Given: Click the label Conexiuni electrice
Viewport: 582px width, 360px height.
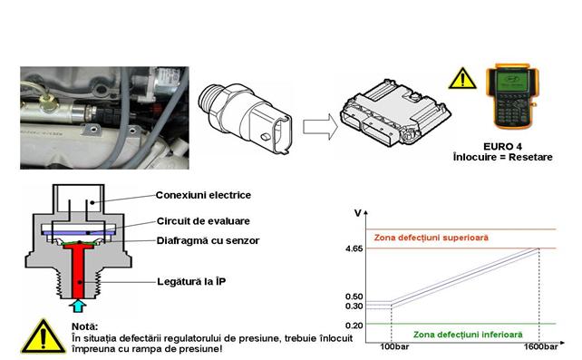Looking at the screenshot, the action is tap(203, 195).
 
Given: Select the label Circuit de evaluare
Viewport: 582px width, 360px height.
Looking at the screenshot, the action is tap(203, 221).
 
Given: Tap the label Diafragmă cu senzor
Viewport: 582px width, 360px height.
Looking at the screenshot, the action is tap(208, 240).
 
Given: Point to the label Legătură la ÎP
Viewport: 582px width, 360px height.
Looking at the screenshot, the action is tap(191, 281).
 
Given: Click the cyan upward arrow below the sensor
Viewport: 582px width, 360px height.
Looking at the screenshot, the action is tap(78, 306).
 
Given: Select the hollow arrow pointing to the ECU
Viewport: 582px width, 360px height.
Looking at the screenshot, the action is tap(320, 127).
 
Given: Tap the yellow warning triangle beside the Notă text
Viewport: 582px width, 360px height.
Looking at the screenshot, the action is tap(44, 336).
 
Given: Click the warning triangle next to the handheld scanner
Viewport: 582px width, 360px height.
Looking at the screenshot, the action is tap(462, 79).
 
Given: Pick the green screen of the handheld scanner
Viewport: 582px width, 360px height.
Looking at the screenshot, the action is tap(511, 81).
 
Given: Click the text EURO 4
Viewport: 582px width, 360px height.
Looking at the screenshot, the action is tap(502, 147).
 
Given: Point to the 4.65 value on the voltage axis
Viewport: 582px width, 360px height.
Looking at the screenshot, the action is tap(354, 248).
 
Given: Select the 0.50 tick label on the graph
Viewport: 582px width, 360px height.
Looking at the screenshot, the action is tap(354, 297).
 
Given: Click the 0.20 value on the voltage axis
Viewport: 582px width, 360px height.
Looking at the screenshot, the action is tap(354, 326).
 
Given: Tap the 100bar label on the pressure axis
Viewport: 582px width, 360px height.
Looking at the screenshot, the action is tap(394, 346).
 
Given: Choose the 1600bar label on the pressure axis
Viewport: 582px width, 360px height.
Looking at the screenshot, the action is tap(540, 346).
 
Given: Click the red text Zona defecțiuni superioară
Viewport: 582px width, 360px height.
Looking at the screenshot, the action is tap(431, 238).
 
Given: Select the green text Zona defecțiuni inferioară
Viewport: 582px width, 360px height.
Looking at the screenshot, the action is tap(468, 335).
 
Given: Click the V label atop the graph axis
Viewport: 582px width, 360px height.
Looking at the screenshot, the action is tap(357, 213).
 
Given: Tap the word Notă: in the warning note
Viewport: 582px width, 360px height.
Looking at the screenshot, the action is tap(84, 327).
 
